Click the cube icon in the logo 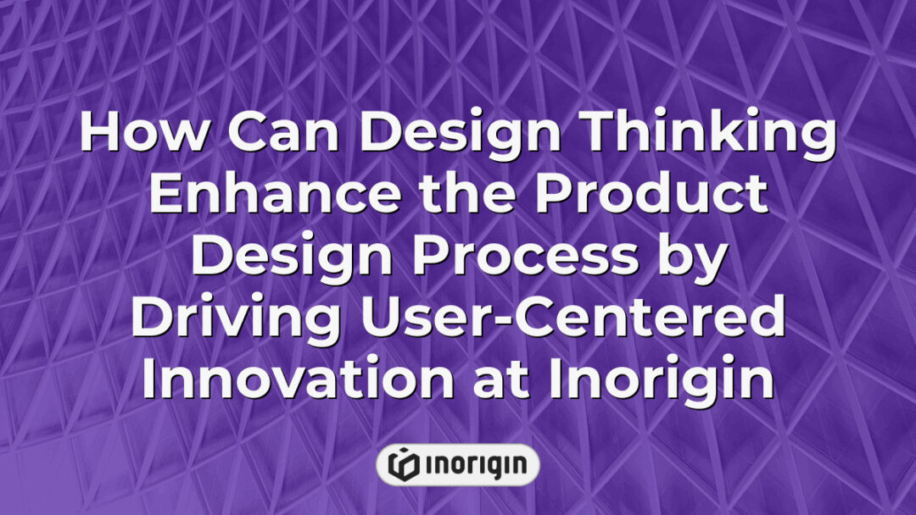coord(403,464)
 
